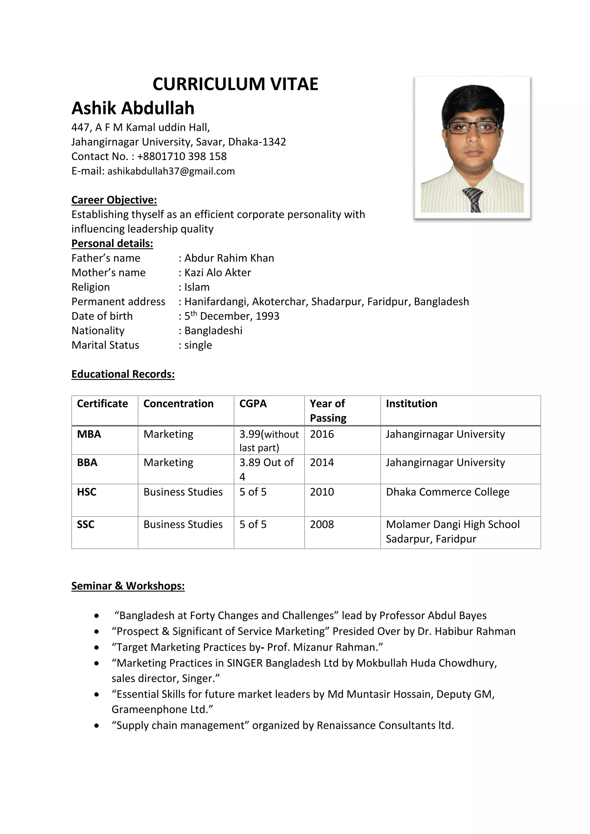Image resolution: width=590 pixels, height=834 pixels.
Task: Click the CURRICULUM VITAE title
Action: pos(235,84)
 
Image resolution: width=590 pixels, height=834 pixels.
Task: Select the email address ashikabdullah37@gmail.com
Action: pos(171,171)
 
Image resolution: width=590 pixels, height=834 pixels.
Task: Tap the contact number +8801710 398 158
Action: pos(182,156)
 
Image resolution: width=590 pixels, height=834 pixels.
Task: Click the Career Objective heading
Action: pos(114,200)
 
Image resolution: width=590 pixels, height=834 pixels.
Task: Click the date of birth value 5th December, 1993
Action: pos(232,316)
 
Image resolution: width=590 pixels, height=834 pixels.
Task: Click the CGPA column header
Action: pos(253,403)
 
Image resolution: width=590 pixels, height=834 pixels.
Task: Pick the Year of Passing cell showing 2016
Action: pos(322,434)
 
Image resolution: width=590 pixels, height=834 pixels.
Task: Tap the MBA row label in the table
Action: pos(89,434)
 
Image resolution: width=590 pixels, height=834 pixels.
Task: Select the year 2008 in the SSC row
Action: pos(322,524)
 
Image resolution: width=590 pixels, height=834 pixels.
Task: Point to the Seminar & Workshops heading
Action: pos(128,585)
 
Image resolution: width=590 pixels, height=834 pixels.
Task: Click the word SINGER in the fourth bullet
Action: pos(245,663)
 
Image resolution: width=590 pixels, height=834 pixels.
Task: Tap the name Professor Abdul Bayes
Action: pos(433,615)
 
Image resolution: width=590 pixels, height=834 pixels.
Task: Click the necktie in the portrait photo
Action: pos(473,199)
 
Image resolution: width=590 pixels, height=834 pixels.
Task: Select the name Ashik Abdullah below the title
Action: pos(133,108)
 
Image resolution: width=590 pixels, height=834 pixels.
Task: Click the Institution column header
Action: pos(411,403)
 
